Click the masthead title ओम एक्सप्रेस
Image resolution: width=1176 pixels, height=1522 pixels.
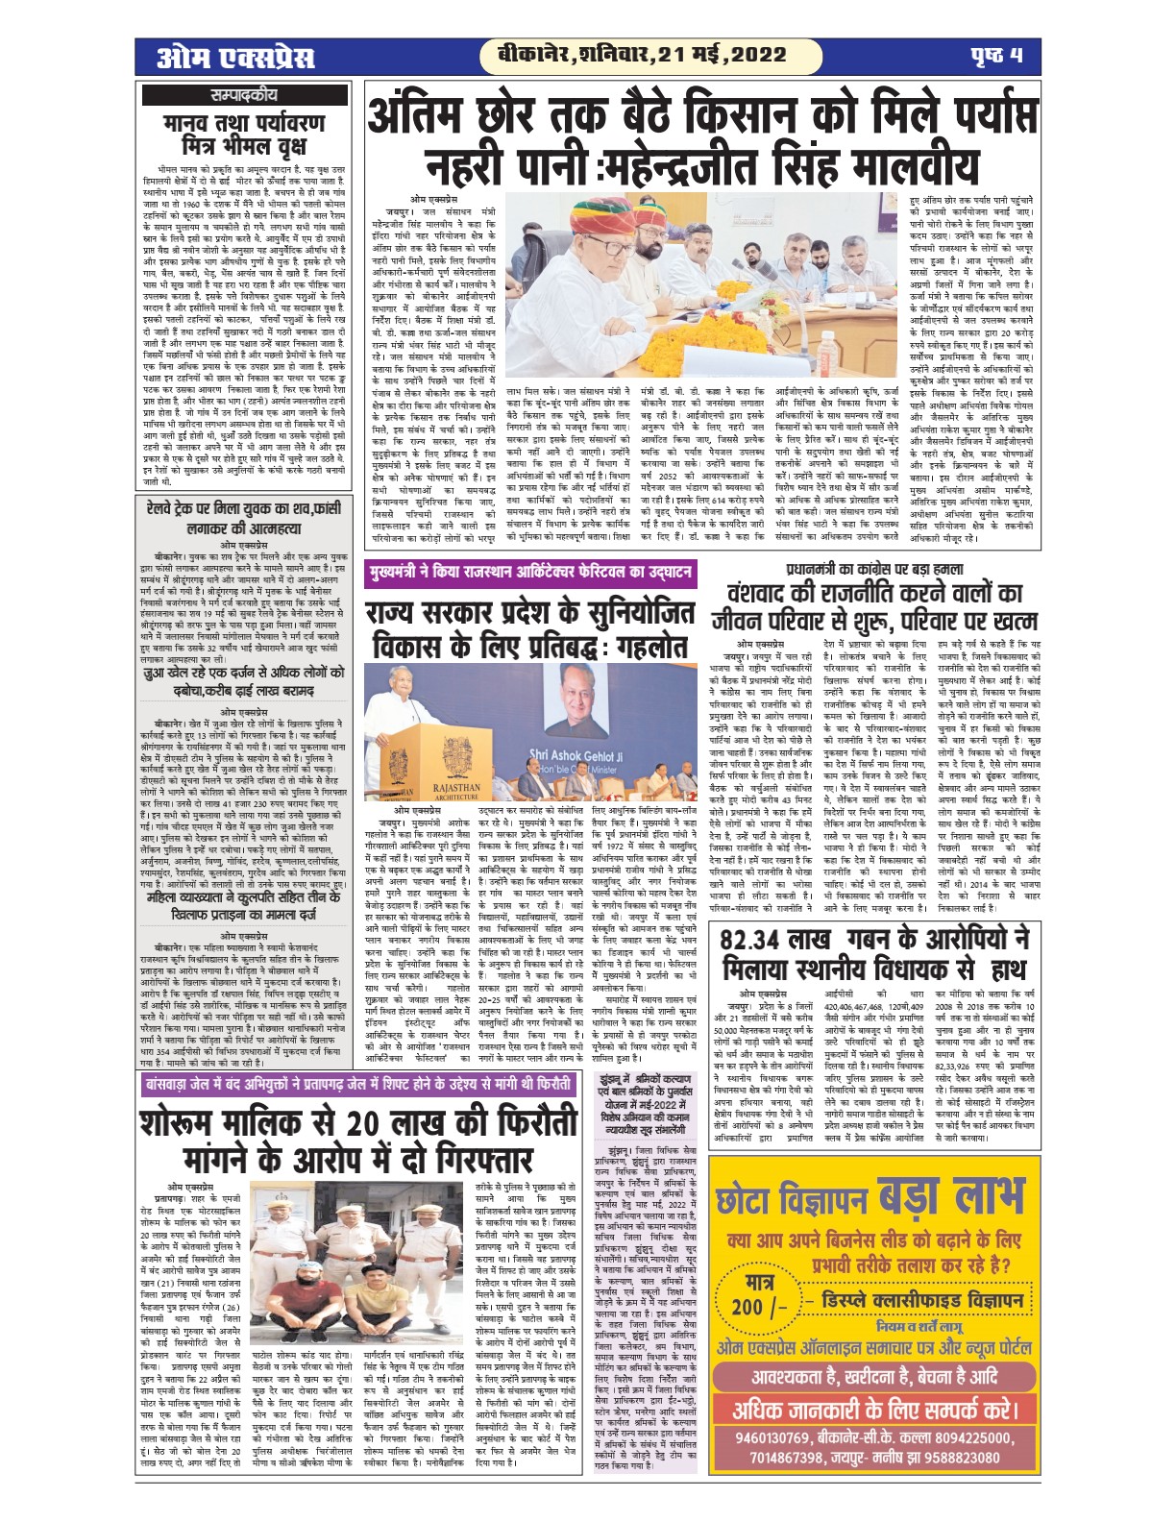coord(236,57)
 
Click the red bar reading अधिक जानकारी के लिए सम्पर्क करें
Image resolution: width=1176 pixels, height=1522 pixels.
coord(874,1409)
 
